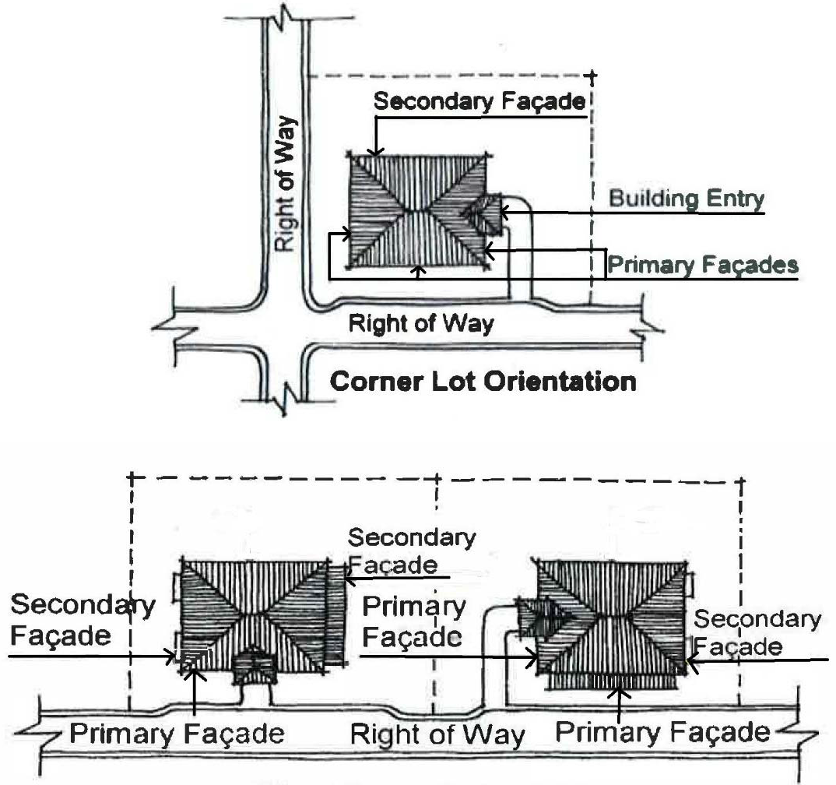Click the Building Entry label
click(686, 199)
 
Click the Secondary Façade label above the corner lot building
click(479, 102)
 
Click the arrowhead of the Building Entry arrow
click(504, 209)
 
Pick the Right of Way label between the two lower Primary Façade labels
click(438, 734)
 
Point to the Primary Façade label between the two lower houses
click(414, 621)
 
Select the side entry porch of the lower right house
click(542, 615)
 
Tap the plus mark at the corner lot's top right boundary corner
click(593, 76)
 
